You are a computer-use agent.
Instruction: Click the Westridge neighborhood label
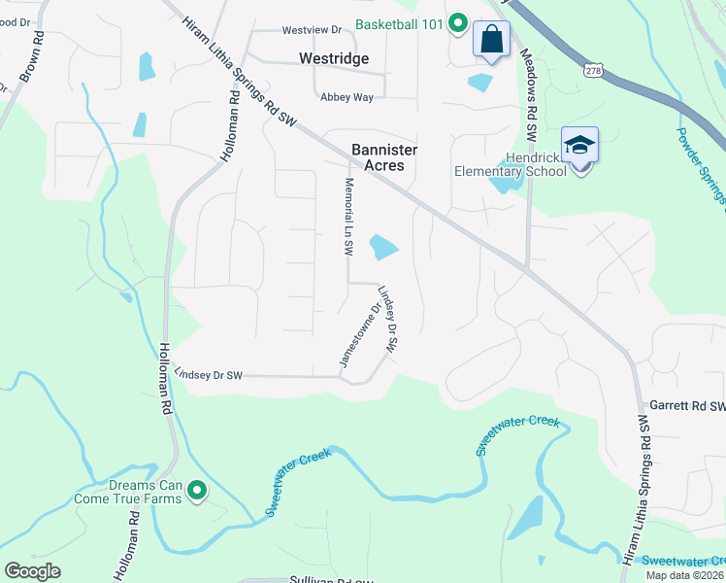tap(333, 58)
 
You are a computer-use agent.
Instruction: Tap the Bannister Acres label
tap(377, 157)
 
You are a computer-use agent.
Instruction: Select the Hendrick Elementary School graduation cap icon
tap(580, 146)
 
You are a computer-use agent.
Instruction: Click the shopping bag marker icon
tap(491, 41)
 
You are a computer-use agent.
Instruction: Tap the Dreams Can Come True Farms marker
tap(197, 491)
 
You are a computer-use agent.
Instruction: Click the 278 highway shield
tap(595, 70)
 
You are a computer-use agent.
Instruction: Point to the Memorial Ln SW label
tap(347, 216)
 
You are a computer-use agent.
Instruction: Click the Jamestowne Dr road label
tap(355, 334)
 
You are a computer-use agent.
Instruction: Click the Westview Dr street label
tap(313, 29)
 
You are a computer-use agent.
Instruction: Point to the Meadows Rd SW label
tap(529, 98)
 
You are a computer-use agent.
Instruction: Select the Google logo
tap(32, 571)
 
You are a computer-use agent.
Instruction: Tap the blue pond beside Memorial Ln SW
tap(384, 248)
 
